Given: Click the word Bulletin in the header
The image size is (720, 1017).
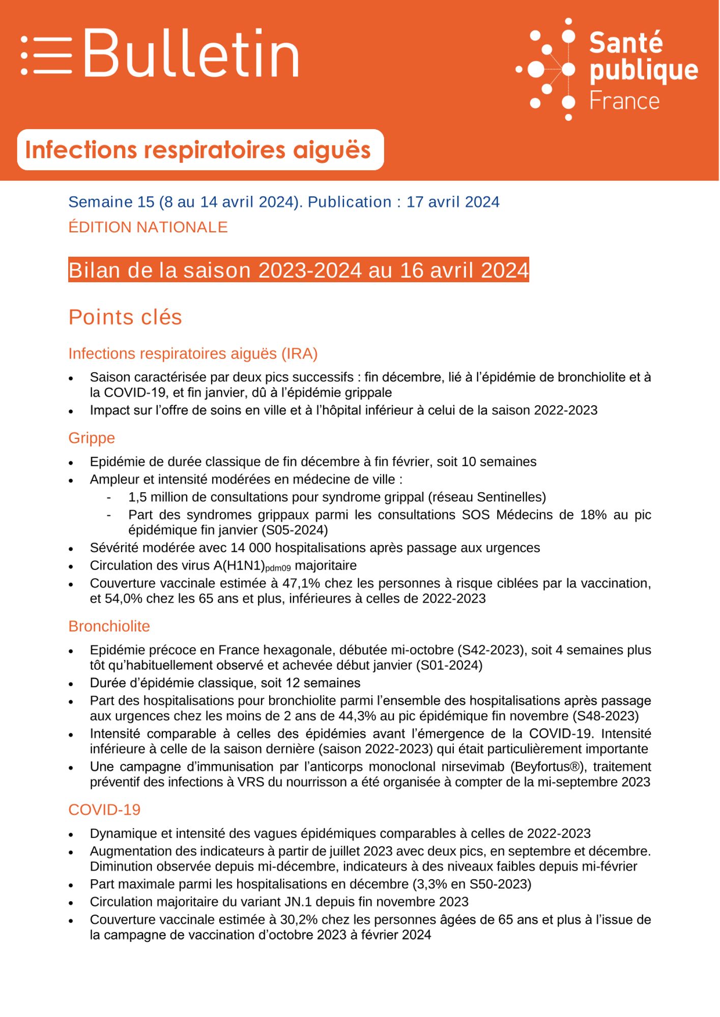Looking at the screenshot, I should pos(191,53).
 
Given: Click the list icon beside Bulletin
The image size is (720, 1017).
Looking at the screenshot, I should pos(46,55).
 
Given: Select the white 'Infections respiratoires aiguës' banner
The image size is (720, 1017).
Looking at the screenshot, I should pos(200,149).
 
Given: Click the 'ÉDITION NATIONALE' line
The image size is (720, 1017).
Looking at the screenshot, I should pos(148,227).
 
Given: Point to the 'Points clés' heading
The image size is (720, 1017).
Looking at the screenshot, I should pos(125,317).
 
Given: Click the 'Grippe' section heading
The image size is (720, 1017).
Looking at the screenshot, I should pos(92,438).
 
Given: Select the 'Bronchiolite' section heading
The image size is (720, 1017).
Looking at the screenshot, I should pos(109,626).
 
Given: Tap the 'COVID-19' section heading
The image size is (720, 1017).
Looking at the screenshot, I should pos(104,810).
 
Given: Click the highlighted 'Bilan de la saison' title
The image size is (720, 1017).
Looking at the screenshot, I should pos(299,270).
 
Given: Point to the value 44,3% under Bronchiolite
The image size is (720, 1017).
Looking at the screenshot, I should pos(356,716).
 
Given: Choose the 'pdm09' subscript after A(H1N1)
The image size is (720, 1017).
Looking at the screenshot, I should pos(278,569).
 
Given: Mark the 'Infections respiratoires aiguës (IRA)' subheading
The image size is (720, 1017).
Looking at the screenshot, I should pos(193,353).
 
